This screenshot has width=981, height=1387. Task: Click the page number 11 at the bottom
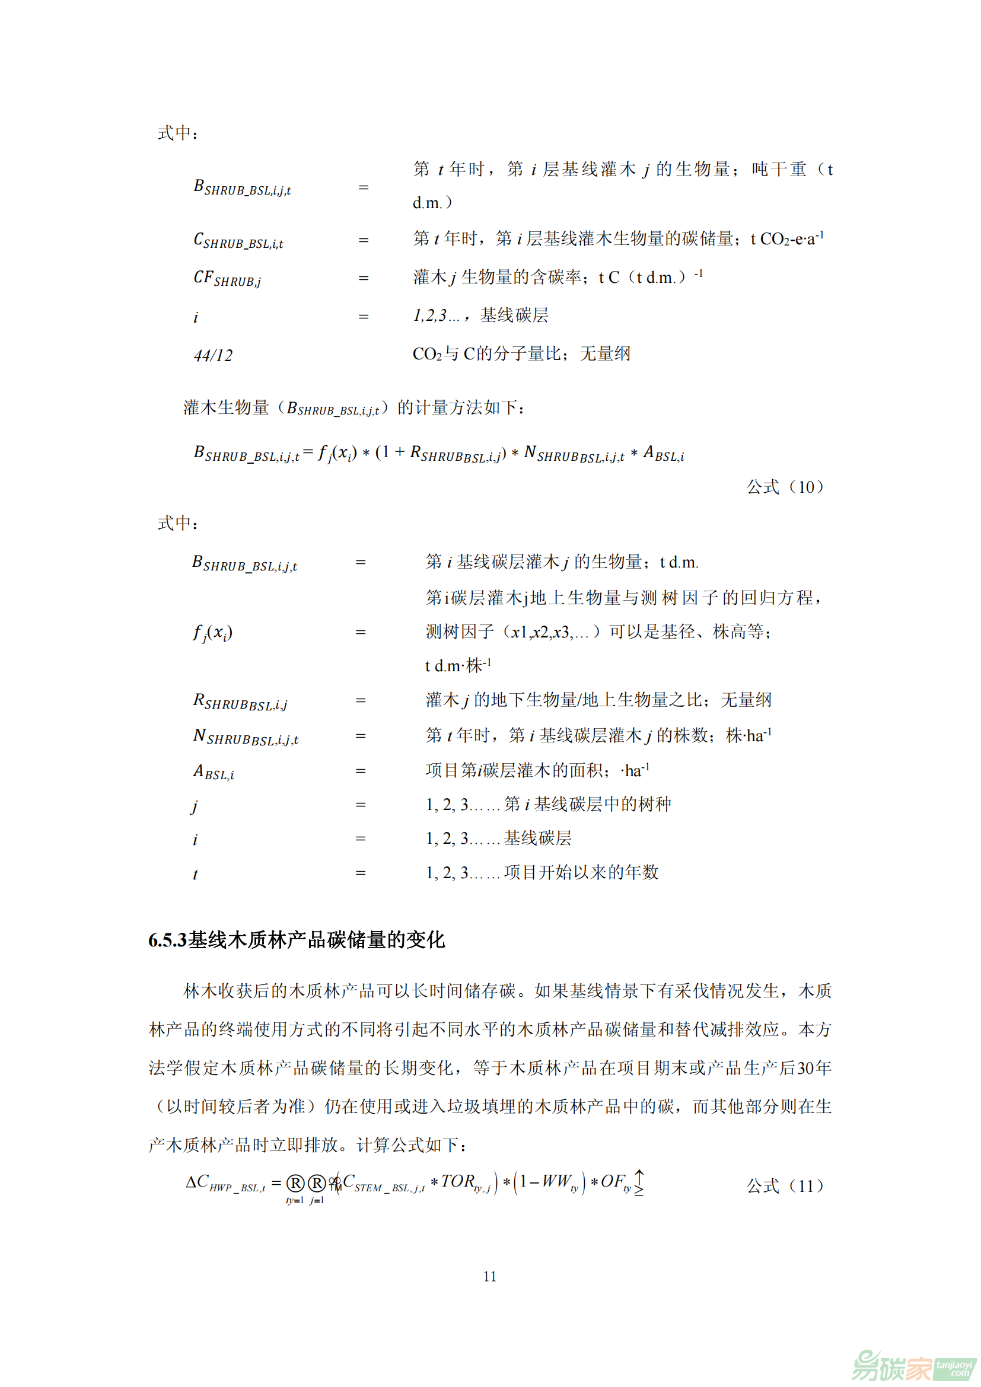pos(490,1277)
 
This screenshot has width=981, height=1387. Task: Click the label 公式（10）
pos(785,487)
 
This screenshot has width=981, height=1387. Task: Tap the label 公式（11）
pos(785,1186)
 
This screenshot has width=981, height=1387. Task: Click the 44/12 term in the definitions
pos(214,355)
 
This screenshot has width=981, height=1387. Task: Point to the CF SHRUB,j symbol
pos(227,279)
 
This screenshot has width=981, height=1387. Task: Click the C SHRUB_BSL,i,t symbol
pos(238,240)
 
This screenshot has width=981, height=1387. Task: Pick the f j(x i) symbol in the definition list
pos(213,633)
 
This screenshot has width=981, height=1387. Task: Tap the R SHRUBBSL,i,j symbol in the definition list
pos(240,702)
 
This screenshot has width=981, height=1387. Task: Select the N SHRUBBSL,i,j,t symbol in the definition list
pos(246,736)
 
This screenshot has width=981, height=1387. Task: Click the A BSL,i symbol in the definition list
pos(214,772)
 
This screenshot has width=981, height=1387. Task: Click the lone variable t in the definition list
pos(195,874)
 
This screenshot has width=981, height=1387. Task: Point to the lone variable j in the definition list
pos(195,806)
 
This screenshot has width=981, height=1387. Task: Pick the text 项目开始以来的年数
pos(581,872)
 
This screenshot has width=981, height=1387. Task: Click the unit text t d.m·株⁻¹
pos(458,666)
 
